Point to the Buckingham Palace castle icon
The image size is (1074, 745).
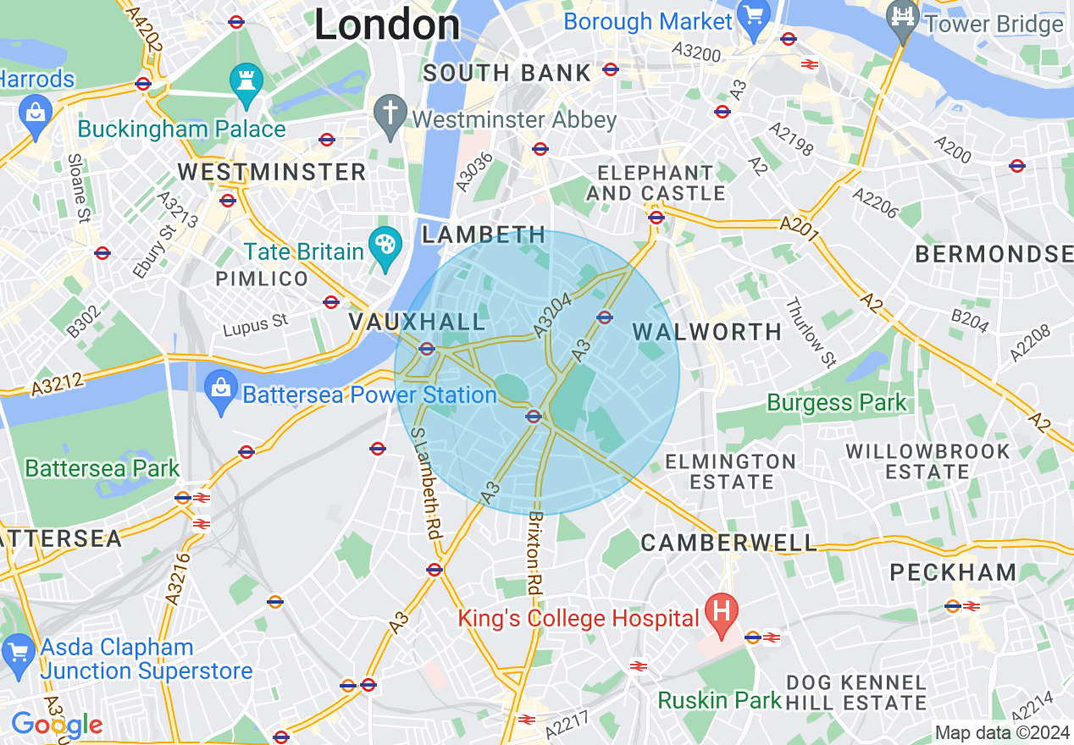(x=246, y=83)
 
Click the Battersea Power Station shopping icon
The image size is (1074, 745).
(x=221, y=390)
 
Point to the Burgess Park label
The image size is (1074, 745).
(x=837, y=403)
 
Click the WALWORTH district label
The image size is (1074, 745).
(x=708, y=332)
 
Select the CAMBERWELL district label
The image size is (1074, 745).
(x=729, y=543)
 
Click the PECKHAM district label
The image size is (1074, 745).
(x=953, y=573)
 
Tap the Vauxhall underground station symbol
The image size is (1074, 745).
(x=427, y=348)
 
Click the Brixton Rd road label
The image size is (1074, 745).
(x=534, y=552)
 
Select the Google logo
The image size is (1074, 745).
(x=56, y=725)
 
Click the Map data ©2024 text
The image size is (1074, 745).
(x=1002, y=732)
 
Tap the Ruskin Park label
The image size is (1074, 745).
(x=720, y=700)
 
